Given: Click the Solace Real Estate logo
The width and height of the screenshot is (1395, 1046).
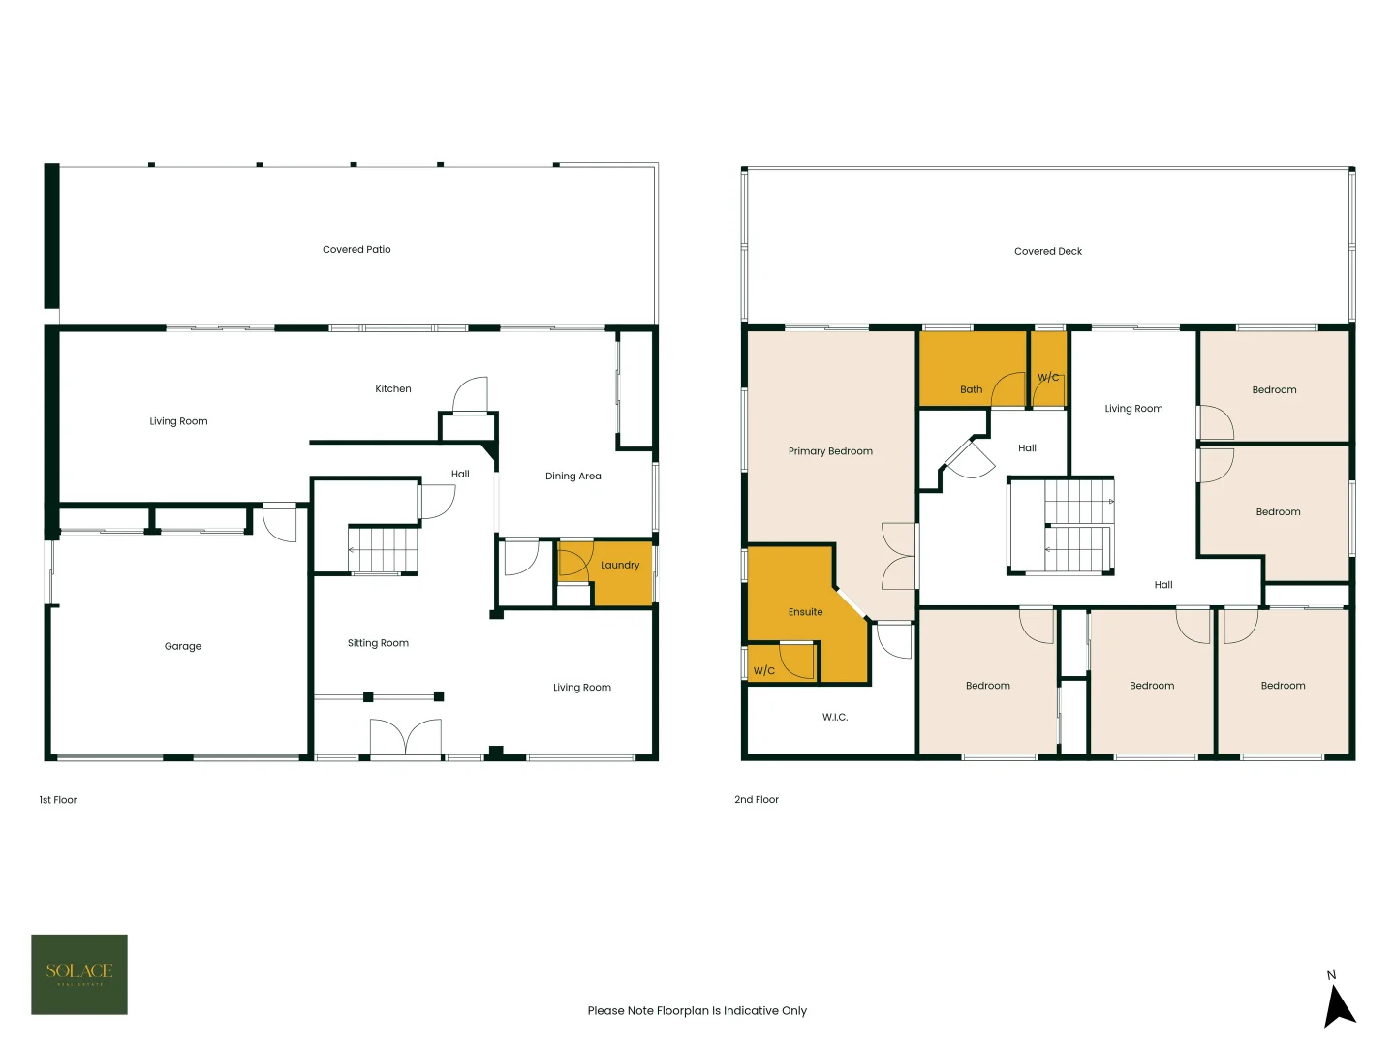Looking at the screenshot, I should pyautogui.click(x=79, y=973).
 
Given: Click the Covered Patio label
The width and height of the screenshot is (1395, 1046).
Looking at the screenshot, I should pyautogui.click(x=356, y=250).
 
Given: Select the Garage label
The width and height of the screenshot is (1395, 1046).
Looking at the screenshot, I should pyautogui.click(x=183, y=647).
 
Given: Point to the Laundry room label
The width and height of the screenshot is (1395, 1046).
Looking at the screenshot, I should pyautogui.click(x=620, y=566).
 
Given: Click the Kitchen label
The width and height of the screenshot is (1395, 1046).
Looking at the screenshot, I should pyautogui.click(x=393, y=389).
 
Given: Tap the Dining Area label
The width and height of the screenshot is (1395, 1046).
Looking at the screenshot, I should pyautogui.click(x=573, y=477).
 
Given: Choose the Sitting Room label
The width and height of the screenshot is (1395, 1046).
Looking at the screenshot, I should pyautogui.click(x=378, y=643).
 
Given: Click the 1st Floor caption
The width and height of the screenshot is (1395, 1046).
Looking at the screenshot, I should pyautogui.click(x=58, y=800).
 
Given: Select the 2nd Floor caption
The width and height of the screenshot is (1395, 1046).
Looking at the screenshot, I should pyautogui.click(x=757, y=800).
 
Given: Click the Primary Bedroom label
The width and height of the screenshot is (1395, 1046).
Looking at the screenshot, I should pyautogui.click(x=830, y=451).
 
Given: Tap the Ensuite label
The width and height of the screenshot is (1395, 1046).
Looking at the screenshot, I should pyautogui.click(x=805, y=612).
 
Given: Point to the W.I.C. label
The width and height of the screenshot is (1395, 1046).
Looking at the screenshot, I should pyautogui.click(x=835, y=718).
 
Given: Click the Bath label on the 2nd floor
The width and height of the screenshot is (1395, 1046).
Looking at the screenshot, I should pyautogui.click(x=972, y=389).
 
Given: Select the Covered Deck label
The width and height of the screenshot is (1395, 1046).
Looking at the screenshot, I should pyautogui.click(x=1048, y=252).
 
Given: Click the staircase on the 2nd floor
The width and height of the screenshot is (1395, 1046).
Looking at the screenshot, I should pyautogui.click(x=1077, y=526).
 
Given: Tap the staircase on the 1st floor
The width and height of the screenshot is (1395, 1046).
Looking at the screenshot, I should pyautogui.click(x=383, y=549).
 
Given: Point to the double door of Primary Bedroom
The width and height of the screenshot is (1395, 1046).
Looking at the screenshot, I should pyautogui.click(x=899, y=556).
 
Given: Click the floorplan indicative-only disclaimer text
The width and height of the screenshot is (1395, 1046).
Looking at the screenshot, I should pyautogui.click(x=697, y=1011).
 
